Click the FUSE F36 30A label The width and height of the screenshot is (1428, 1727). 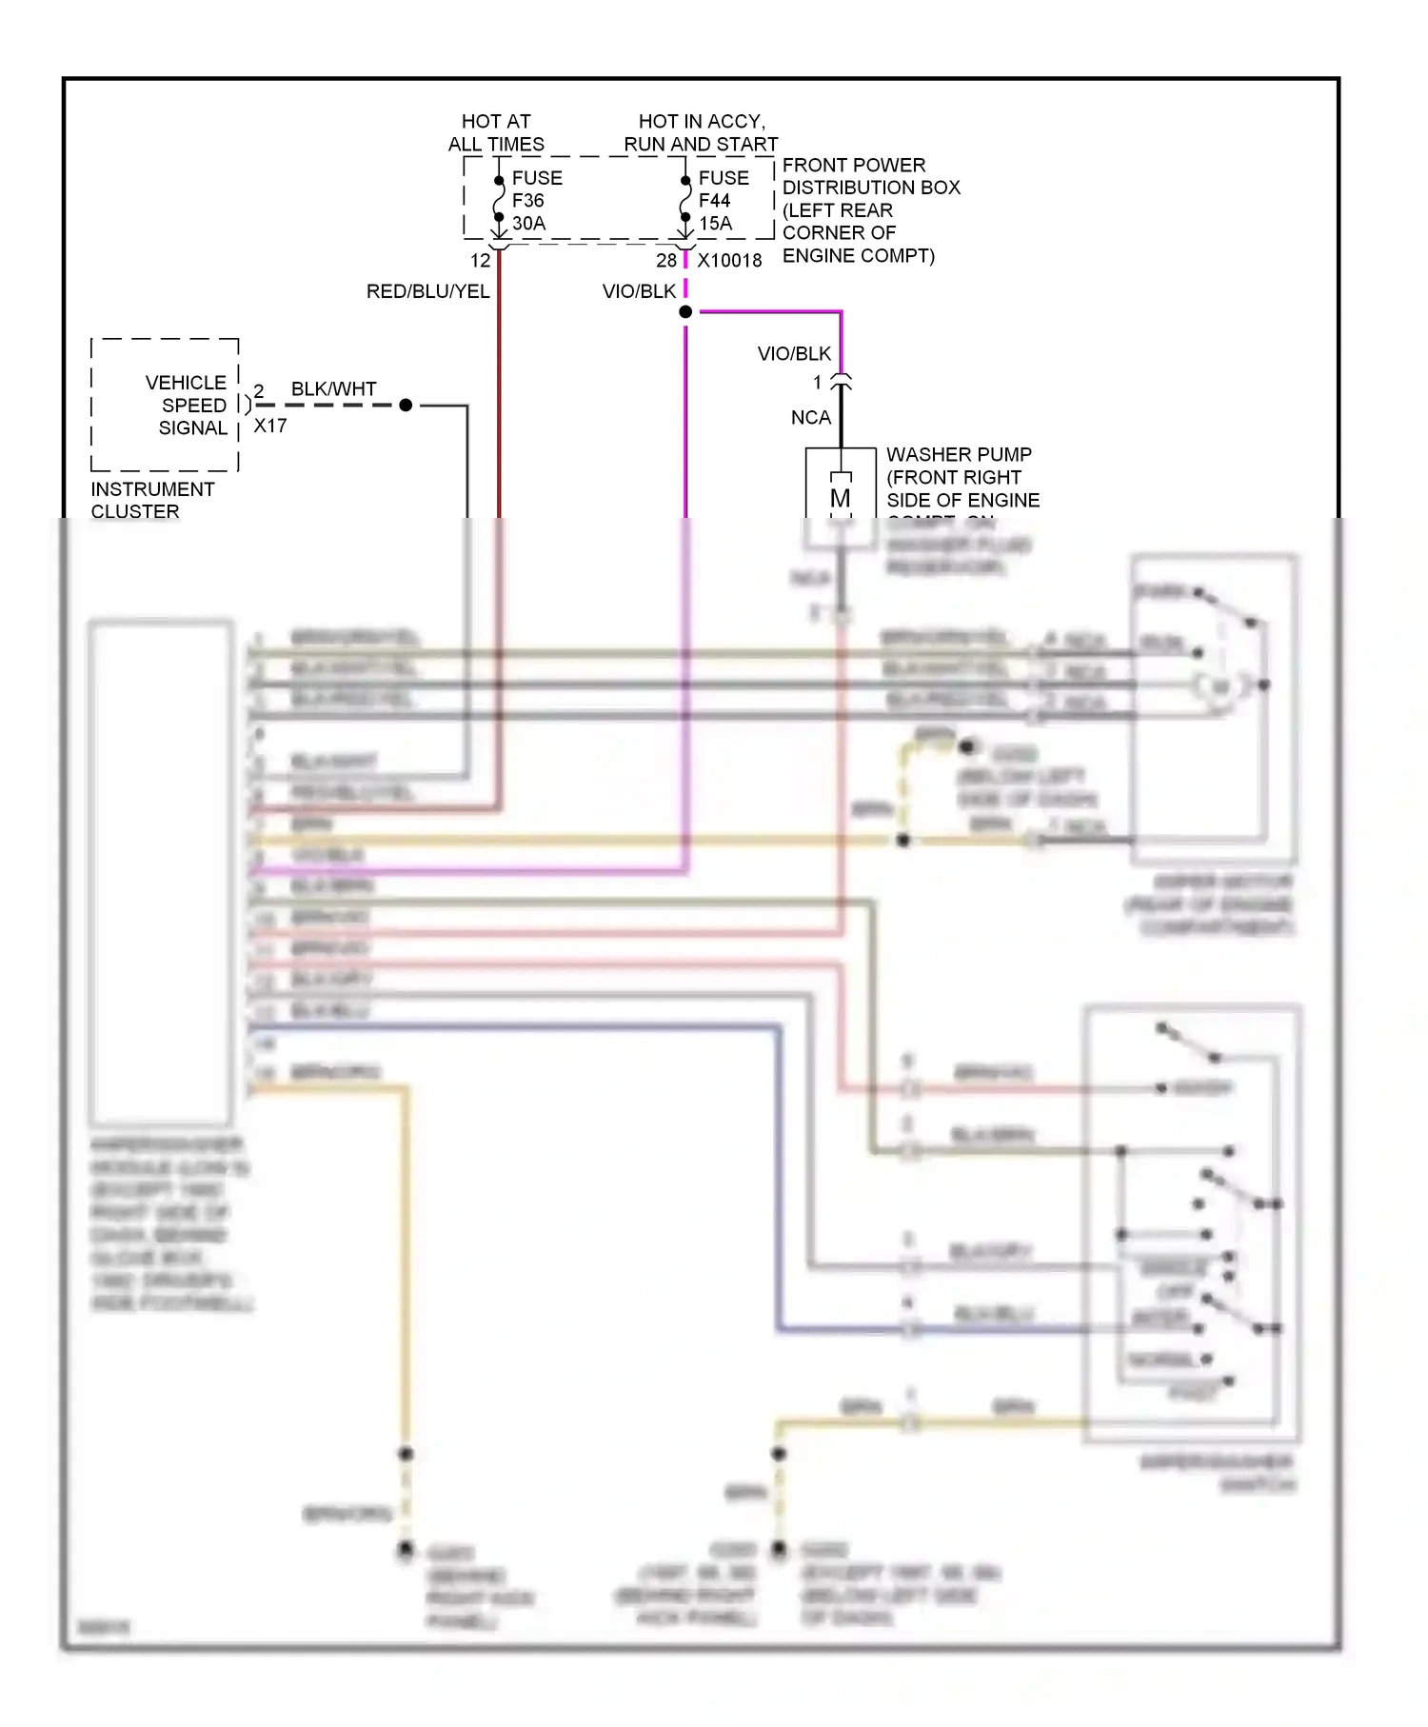click(536, 201)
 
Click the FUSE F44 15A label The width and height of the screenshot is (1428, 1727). click(723, 201)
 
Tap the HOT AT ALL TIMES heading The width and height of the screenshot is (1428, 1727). click(496, 132)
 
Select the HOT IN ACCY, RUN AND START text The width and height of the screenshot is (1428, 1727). click(701, 132)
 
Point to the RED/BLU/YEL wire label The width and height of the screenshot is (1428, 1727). click(427, 291)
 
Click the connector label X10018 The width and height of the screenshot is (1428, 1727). click(729, 261)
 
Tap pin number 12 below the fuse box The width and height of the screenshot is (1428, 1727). click(480, 261)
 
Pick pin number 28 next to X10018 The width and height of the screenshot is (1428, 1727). click(665, 261)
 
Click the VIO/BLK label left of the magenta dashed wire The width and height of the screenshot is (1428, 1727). click(639, 291)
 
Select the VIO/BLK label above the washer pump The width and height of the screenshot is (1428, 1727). click(794, 354)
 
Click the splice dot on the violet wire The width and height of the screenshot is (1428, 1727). click(685, 312)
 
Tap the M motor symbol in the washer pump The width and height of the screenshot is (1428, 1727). click(840, 498)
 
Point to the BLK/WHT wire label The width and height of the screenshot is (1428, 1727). click(333, 389)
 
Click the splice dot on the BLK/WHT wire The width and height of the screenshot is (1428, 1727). click(406, 406)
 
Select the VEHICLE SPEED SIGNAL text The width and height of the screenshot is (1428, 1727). click(187, 406)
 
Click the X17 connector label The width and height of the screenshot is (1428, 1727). click(270, 427)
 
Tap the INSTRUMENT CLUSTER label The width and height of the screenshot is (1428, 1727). click(152, 501)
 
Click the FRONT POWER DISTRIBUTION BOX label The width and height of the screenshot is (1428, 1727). click(870, 210)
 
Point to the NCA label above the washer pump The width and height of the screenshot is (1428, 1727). click(810, 418)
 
